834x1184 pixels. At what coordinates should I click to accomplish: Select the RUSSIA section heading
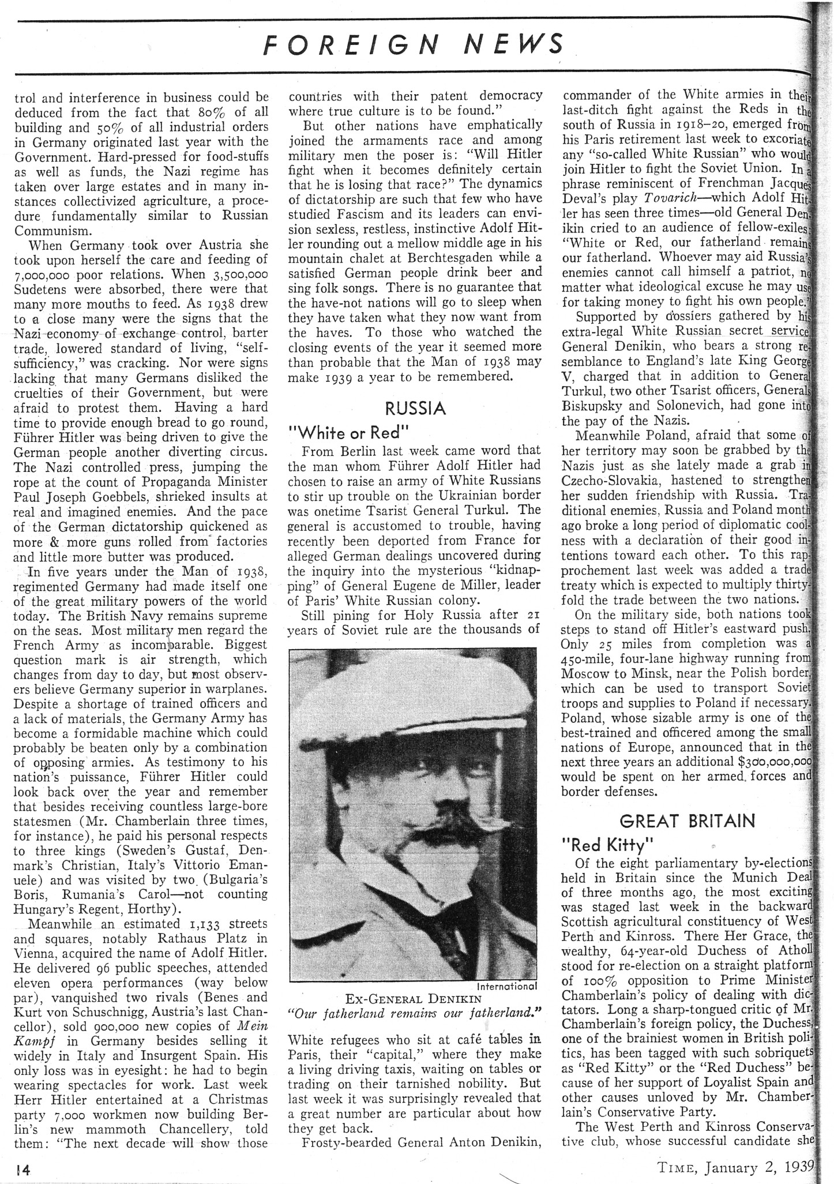tap(415, 409)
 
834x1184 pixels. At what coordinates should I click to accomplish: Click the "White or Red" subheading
tap(340, 433)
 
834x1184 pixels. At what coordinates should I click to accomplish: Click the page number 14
tap(23, 1170)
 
